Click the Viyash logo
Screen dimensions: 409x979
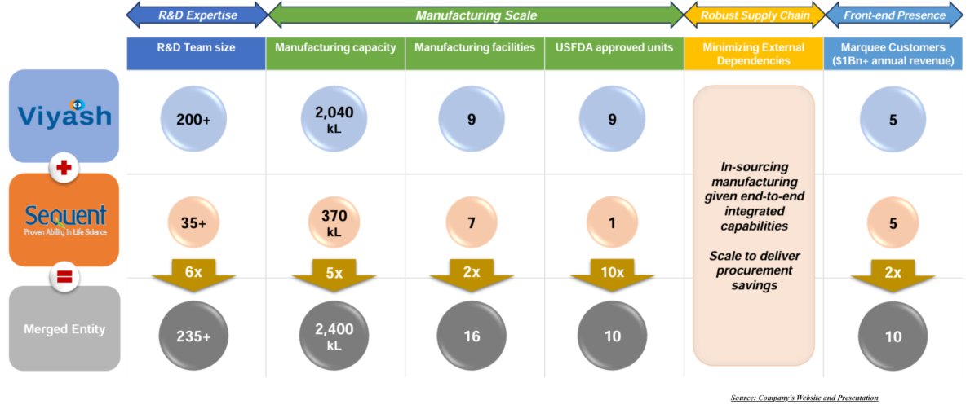tap(64, 115)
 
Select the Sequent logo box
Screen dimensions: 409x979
tap(64, 219)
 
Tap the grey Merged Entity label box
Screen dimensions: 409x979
tap(64, 328)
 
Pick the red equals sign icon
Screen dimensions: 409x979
tap(63, 277)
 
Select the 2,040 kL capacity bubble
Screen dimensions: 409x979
tap(335, 119)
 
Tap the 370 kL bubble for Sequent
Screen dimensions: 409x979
tap(335, 222)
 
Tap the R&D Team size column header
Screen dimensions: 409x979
tap(196, 48)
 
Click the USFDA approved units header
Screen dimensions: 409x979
tap(614, 48)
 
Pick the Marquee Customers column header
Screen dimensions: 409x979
tap(894, 53)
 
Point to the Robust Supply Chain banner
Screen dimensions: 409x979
tap(755, 15)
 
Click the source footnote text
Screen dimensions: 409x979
tap(804, 398)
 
